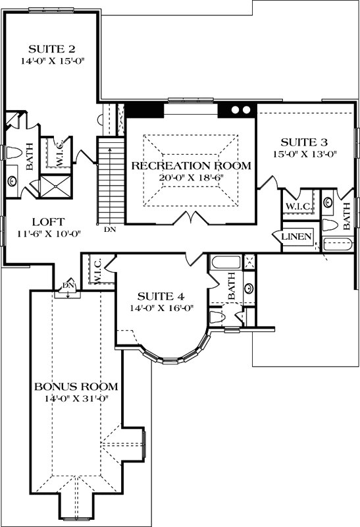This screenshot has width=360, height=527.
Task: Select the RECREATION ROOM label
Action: (x=191, y=165)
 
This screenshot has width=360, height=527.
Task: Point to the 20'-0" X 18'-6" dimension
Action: (x=191, y=178)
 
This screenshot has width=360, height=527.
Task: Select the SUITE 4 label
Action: (x=155, y=296)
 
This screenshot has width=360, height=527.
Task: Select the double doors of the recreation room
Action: (x=191, y=218)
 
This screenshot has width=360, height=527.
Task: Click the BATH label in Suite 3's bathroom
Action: (x=347, y=214)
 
